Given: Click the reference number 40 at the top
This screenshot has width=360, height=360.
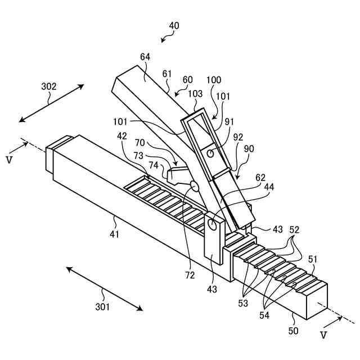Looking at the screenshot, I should point(174,26).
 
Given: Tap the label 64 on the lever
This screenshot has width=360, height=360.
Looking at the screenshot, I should point(145,57).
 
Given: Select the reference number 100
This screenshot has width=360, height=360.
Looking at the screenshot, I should point(214,80).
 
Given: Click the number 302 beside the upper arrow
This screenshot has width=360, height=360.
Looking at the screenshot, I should point(49,86).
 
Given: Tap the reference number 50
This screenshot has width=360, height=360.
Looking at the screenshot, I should point(293,331).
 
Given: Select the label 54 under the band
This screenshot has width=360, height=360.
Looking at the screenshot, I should point(264,315).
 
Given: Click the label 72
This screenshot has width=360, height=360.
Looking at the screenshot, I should point(190,275).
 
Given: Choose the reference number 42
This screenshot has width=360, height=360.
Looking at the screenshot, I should point(122,136).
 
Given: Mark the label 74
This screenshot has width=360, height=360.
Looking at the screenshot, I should point(153,165).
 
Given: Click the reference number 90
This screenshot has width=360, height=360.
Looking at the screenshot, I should point(248,148).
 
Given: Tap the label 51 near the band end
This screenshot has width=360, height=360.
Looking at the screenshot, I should point(312,259).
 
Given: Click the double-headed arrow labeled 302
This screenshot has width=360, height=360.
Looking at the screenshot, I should point(51,103).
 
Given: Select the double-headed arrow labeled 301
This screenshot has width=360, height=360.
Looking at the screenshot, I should point(104,288).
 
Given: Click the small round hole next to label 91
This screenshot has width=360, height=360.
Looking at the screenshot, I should point(209,152).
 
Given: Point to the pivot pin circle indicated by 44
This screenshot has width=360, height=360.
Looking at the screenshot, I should point(212,224).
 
